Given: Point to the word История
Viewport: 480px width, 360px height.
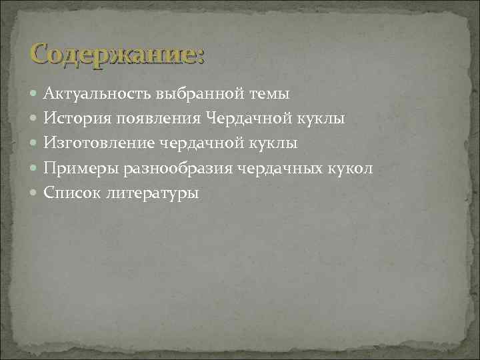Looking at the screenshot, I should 75,119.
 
